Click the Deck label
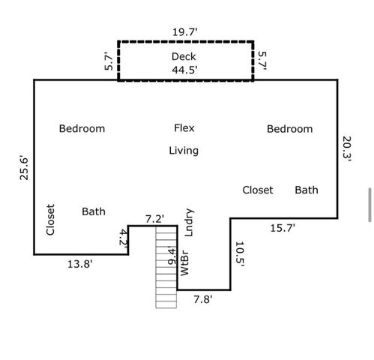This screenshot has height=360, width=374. pyautogui.click(x=184, y=57)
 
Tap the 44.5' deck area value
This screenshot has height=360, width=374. pyautogui.click(x=184, y=70)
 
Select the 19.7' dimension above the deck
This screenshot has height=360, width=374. pyautogui.click(x=185, y=32)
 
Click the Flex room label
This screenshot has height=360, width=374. pyautogui.click(x=184, y=128)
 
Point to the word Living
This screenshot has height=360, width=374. pyautogui.click(x=184, y=151)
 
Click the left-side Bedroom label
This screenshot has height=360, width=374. pyautogui.click(x=82, y=129)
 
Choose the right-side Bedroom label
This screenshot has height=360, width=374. pyautogui.click(x=290, y=129)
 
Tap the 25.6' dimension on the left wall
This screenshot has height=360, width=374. pyautogui.click(x=24, y=168)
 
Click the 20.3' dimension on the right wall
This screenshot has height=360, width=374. pyautogui.click(x=347, y=148)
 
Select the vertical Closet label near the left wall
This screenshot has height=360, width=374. pyautogui.click(x=50, y=220)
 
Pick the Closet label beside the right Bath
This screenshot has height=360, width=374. pyautogui.click(x=258, y=190)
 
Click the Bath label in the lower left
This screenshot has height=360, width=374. pyautogui.click(x=94, y=211)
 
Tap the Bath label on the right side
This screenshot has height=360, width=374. pyautogui.click(x=307, y=190)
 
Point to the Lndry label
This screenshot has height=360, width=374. pyautogui.click(x=189, y=223)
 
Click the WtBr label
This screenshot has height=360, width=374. pyautogui.click(x=184, y=262)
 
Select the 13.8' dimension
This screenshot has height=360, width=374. pyautogui.click(x=80, y=264)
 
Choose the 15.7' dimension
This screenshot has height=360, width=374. pyautogui.click(x=283, y=228)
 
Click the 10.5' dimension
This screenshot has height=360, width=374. pyautogui.click(x=240, y=254)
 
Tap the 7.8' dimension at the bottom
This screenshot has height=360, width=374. pyautogui.click(x=203, y=299)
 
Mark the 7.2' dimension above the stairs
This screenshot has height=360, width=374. pyautogui.click(x=154, y=219)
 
